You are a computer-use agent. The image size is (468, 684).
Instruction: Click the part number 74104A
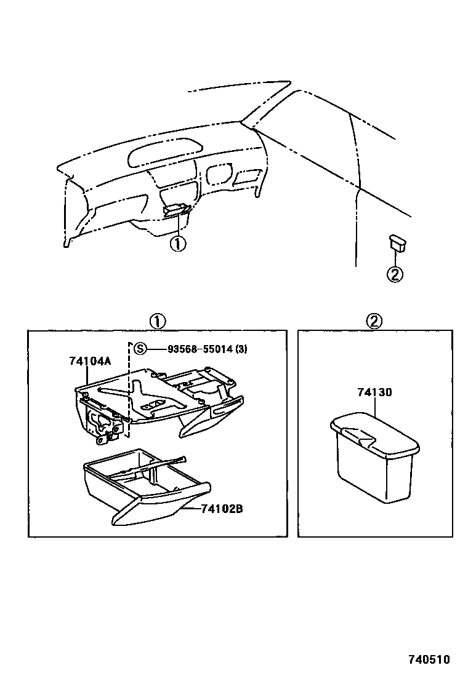click(90, 361)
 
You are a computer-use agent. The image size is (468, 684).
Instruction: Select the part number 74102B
click(221, 509)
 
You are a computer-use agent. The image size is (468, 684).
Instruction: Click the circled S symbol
click(140, 349)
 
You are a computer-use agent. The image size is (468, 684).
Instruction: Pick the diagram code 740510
click(429, 659)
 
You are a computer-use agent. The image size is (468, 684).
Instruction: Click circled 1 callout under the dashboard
click(177, 244)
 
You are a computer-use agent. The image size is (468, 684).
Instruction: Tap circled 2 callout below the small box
click(394, 274)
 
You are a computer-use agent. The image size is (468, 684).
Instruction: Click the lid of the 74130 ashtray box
click(373, 434)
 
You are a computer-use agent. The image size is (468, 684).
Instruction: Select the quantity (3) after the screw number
click(241, 349)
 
